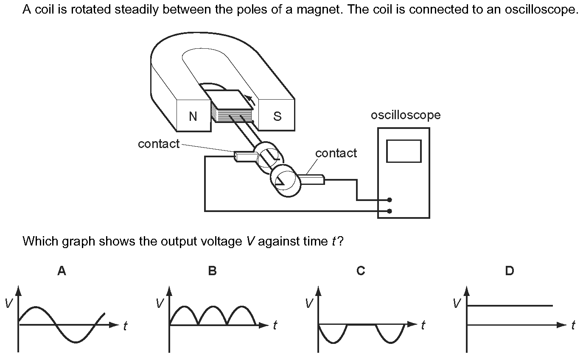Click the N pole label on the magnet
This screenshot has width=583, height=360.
[193, 116]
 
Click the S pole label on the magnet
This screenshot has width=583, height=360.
[277, 116]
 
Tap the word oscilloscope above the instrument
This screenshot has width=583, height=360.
[406, 115]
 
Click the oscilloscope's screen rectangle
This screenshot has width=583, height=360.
[404, 151]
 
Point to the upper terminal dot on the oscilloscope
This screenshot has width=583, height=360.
[390, 200]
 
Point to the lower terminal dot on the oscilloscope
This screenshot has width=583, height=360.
[390, 211]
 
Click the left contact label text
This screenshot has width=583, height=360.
[159, 144]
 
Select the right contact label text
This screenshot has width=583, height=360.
[336, 153]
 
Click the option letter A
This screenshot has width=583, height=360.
[62, 271]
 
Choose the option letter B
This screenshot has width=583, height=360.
[213, 271]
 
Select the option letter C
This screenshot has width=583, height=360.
[361, 271]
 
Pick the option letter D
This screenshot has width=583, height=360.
[510, 271]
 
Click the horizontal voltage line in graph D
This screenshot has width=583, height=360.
[510, 306]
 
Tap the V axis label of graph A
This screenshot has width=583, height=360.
[9, 303]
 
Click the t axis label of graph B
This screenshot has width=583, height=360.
[275, 325]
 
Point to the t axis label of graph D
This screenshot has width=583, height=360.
[573, 325]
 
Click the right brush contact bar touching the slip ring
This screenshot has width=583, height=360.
[311, 179]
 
